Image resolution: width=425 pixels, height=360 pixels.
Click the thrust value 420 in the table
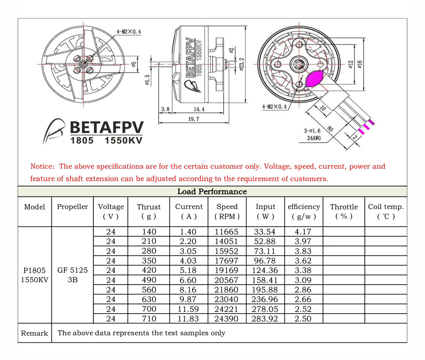coord(149,270)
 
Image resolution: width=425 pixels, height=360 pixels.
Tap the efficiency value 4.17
coord(303,232)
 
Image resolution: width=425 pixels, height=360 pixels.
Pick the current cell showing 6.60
coord(186,280)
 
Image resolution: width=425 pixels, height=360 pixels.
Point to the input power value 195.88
coord(265,290)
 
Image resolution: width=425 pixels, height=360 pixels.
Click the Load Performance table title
coord(212,192)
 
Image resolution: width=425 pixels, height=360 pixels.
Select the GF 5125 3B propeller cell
coord(73,275)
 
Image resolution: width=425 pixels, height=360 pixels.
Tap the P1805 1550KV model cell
coord(34,275)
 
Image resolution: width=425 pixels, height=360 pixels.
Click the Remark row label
coord(34,333)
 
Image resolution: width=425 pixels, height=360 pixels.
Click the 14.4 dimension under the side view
coord(199,109)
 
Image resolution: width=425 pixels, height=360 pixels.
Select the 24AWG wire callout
coord(314,138)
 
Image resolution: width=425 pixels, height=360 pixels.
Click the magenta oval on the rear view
coord(315,78)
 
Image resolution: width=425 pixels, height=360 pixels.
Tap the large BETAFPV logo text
coord(107,127)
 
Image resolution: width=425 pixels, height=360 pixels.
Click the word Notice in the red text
coord(42,167)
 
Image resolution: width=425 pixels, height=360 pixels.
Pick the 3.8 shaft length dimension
coord(165,109)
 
